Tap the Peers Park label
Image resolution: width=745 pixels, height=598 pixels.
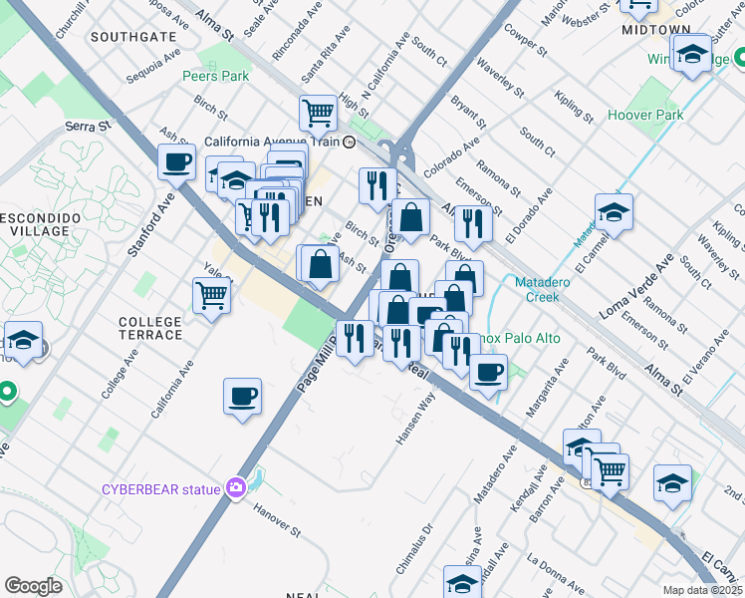coord(215,76)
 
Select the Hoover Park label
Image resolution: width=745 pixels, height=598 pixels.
coord(645,116)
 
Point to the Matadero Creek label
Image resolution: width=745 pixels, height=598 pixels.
coord(542,289)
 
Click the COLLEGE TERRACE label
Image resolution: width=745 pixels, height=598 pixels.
coord(150,328)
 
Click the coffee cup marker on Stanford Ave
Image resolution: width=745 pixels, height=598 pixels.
coord(177,161)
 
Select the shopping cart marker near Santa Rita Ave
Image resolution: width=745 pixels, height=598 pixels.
coord(318,112)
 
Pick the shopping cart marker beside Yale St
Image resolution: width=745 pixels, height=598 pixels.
coord(212,294)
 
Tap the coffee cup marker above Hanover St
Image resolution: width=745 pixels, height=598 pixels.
coord(243,397)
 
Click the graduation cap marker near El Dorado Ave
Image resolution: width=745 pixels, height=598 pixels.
coord(614,211)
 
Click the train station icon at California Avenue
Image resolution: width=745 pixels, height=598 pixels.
coord(350,143)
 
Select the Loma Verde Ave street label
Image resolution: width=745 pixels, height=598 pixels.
coord(636,287)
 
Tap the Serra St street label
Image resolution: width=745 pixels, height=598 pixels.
coord(86,127)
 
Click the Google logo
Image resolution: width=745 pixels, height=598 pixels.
coord(33,586)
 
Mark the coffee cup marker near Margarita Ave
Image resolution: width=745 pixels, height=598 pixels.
coord(487,373)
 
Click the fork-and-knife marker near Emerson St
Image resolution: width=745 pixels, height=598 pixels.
coord(473,223)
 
